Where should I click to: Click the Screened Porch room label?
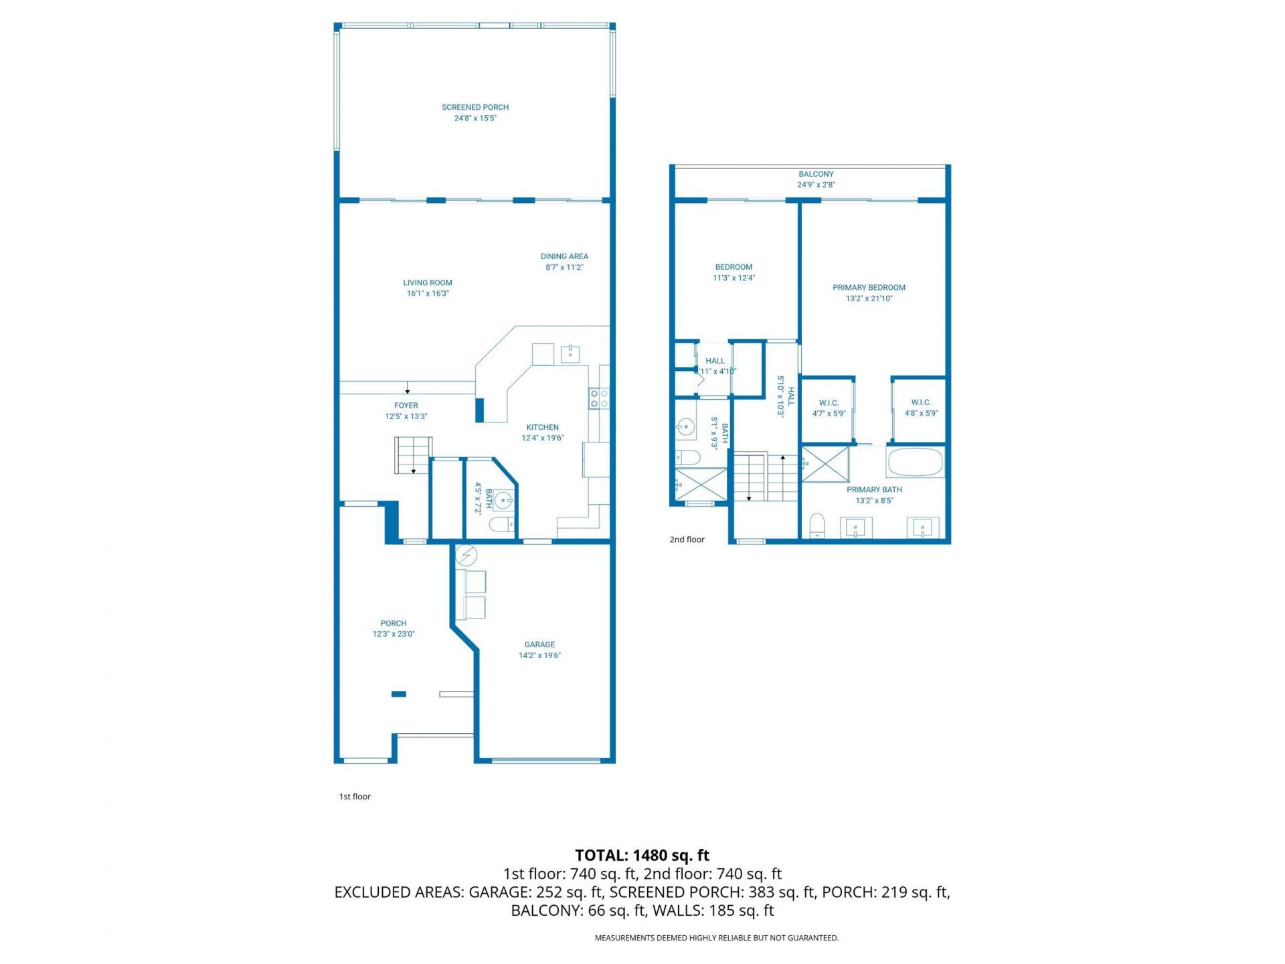coord(475,107)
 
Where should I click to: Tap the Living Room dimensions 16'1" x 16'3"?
coord(428,293)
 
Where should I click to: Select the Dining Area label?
coord(564,256)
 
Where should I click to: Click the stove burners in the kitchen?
coord(598,399)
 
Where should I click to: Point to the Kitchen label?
coord(542,427)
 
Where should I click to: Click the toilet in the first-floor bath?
coord(501,524)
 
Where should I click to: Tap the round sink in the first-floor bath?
coord(504,500)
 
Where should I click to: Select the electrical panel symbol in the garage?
coord(466,555)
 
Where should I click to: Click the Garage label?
coord(539,645)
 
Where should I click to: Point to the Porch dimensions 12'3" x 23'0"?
coord(394,634)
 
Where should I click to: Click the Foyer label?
coord(406,406)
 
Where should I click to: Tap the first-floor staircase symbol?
coord(413,455)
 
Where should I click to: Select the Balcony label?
coord(816,174)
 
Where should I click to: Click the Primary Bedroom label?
coord(869,288)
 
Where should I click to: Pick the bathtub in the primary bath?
coord(915,462)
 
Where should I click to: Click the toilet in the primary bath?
coord(817,526)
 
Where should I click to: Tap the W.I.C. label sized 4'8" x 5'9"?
coord(921,402)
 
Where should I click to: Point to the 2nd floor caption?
coord(687,540)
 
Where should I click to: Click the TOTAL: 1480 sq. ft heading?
coord(642,855)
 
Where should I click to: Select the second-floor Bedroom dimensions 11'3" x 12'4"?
coord(734,278)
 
